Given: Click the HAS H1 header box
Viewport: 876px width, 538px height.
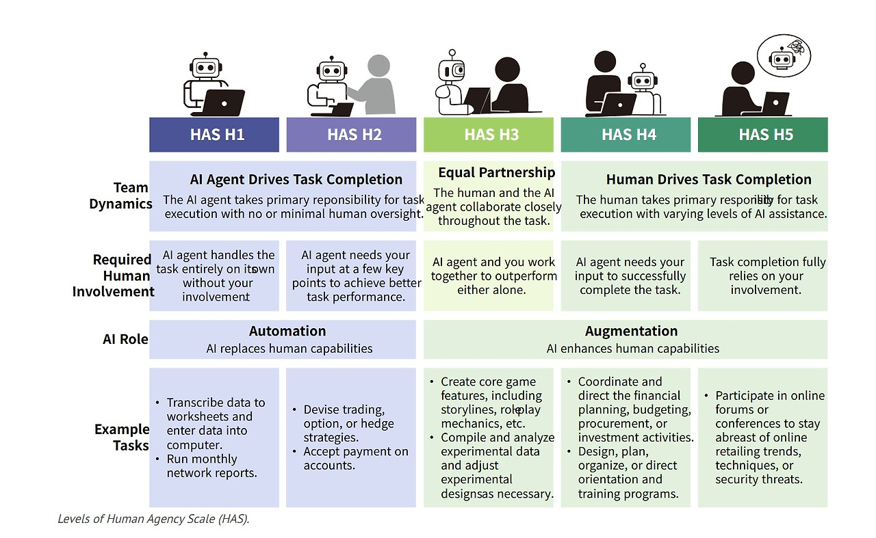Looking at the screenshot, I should [214, 135].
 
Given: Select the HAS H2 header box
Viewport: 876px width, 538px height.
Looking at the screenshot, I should [351, 135].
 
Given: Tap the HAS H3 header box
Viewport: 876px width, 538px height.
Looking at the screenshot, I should [489, 135].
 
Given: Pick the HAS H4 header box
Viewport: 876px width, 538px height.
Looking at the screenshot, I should [626, 135].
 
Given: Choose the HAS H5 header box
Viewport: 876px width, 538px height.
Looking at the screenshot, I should [762, 135].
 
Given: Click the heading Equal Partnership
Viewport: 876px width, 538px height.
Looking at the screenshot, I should [496, 172].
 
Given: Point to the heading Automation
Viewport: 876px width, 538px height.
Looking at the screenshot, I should [287, 332].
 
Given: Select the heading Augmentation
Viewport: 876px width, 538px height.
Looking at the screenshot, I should [632, 332].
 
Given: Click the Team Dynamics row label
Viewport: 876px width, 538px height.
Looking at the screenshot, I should [120, 196].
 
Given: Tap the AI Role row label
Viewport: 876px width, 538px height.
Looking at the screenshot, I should [125, 339].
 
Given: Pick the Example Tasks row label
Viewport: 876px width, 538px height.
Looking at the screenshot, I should [122, 438].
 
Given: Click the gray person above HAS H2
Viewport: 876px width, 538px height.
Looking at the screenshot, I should [377, 85].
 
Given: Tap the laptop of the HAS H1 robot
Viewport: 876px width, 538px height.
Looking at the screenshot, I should [224, 102].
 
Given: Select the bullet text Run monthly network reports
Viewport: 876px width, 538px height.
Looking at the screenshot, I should [211, 466].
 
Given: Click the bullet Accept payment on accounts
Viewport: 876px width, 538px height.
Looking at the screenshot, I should [355, 458].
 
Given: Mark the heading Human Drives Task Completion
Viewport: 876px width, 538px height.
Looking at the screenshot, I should [708, 180].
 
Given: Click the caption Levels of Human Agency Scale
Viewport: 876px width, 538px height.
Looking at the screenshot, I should [153, 519].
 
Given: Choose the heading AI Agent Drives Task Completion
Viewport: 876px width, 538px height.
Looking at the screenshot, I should [296, 180].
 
